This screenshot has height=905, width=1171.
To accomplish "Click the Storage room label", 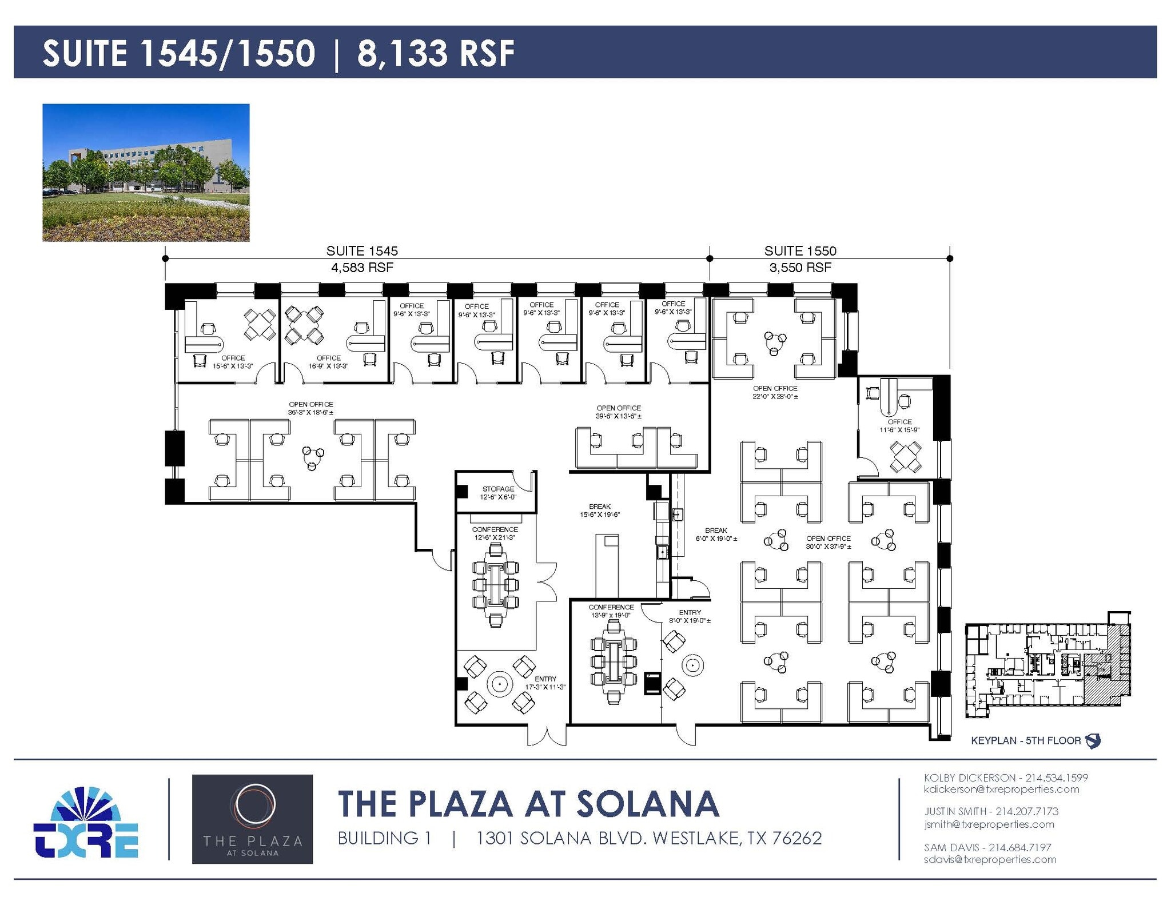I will [498, 492].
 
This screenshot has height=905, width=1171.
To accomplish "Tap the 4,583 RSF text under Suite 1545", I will [362, 267].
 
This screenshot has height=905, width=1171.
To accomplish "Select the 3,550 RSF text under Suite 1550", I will [800, 267].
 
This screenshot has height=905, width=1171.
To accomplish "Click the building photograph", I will [146, 172].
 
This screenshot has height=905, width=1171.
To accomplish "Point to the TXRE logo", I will [86, 823].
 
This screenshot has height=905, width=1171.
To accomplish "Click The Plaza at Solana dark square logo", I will [252, 819].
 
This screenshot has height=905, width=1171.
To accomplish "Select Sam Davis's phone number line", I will [987, 847].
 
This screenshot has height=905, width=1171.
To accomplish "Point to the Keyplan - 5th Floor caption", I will [1026, 740].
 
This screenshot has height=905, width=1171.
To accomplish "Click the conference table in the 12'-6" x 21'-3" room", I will [496, 585].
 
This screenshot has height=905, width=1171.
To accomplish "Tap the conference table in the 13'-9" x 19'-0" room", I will [614, 661].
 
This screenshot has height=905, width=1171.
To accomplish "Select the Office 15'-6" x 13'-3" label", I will [233, 362].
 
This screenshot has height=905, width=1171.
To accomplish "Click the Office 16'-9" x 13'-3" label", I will [328, 362].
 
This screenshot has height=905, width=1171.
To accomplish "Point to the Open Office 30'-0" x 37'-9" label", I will [828, 542].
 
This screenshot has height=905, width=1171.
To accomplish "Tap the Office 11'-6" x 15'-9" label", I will [899, 425].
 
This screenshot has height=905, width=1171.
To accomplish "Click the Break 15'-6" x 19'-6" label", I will [599, 510].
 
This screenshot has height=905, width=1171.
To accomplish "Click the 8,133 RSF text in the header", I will [436, 53].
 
